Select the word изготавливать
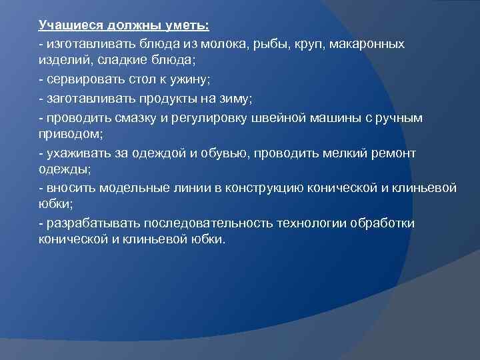[x=91, y=43]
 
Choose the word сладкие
[x=123, y=61]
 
